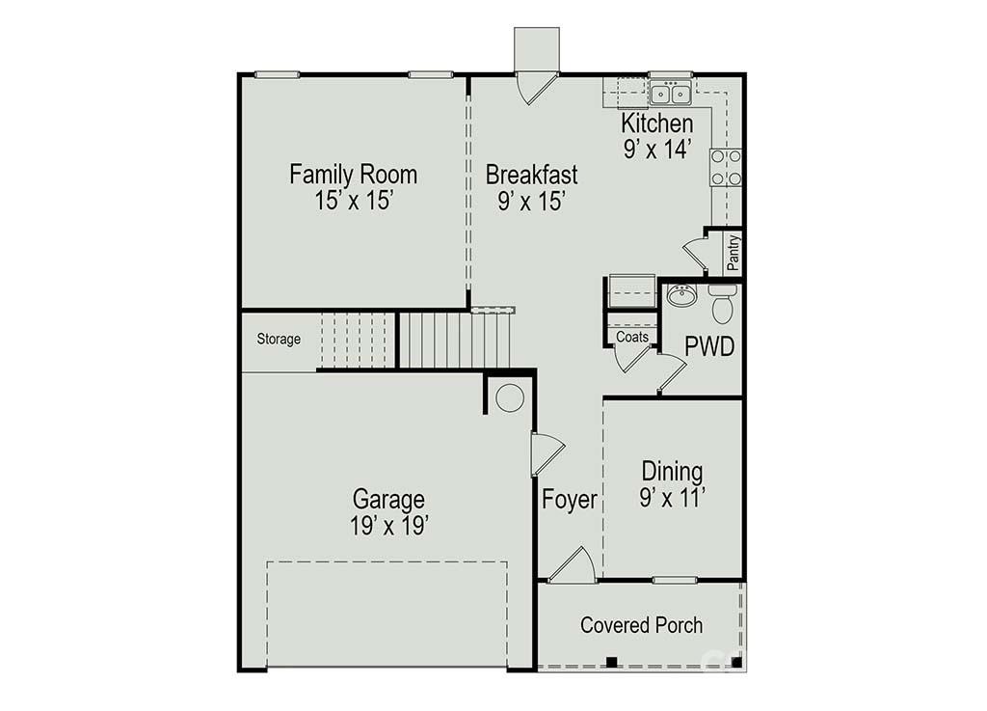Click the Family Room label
[x=353, y=175]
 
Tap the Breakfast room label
[x=531, y=175]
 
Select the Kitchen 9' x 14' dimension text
[x=656, y=149]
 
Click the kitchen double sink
[x=670, y=94]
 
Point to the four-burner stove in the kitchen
[x=726, y=167]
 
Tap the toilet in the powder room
[x=723, y=304]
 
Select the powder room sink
[x=681, y=295]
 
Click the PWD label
[x=709, y=346]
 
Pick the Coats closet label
[x=632, y=337]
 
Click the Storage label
[x=279, y=340]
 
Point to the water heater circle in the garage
[x=509, y=397]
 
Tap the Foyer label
[x=569, y=500]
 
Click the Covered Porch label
[x=641, y=625]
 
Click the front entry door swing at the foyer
[x=574, y=565]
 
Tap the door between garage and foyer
[x=546, y=451]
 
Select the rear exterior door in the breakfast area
[x=536, y=87]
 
